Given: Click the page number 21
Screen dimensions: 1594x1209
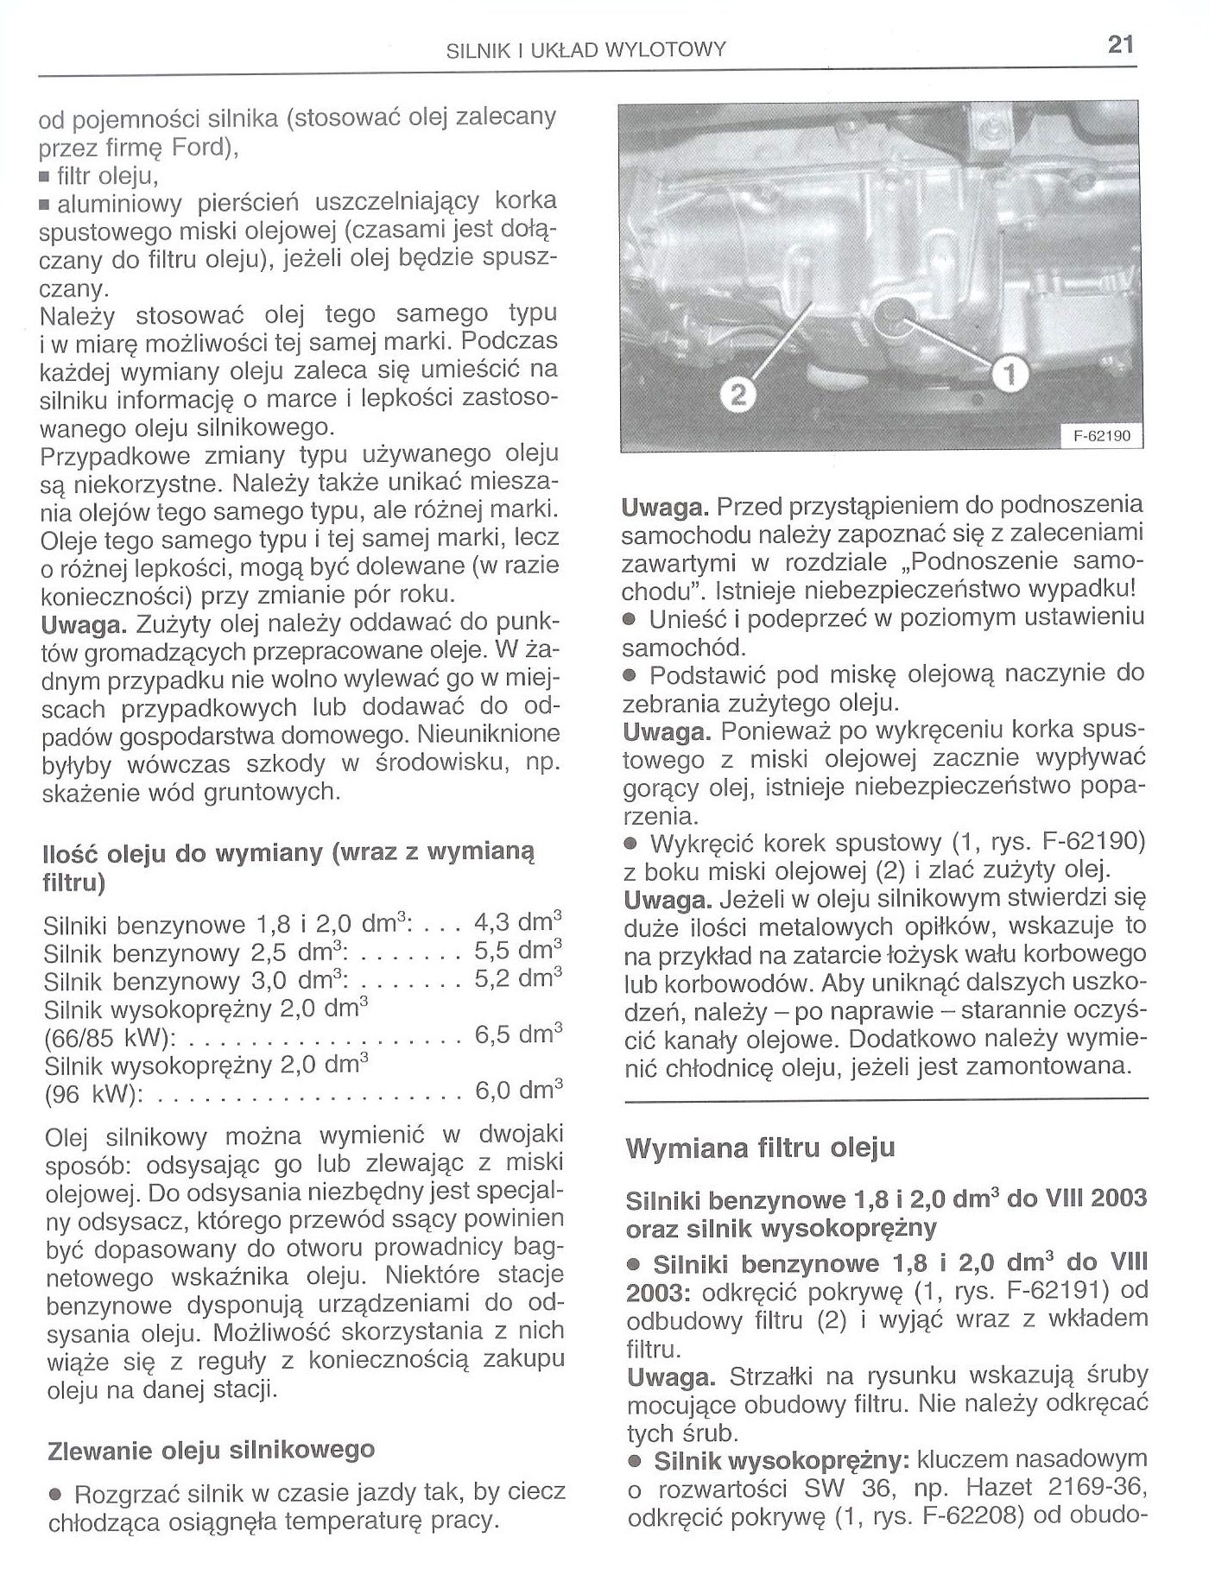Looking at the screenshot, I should tap(1120, 45).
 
